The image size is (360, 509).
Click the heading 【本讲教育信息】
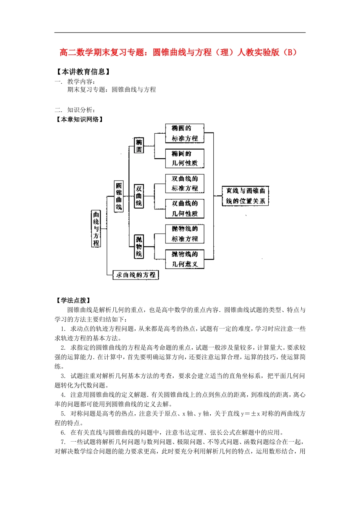[83, 72]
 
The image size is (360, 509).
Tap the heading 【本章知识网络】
[79, 119]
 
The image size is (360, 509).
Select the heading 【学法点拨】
[73, 300]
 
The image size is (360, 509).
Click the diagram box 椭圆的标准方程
[185, 133]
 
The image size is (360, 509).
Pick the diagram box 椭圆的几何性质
[185, 158]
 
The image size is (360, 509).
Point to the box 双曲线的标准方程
[185, 183]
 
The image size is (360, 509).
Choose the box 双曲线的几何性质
[185, 209]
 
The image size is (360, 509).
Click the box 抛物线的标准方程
[185, 234]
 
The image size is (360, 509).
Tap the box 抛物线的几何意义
[185, 259]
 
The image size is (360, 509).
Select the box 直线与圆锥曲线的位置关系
[245, 196]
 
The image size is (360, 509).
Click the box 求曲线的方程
[135, 275]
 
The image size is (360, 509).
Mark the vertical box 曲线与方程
[96, 229]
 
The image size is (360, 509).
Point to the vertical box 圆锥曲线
[119, 196]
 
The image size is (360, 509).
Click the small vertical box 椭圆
[139, 145]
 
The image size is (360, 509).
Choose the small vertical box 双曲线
[139, 196]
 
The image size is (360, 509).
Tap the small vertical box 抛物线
[139, 247]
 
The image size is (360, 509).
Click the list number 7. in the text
[63, 442]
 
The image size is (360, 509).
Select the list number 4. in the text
[63, 395]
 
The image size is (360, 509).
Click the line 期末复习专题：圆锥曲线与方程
[111, 90]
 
